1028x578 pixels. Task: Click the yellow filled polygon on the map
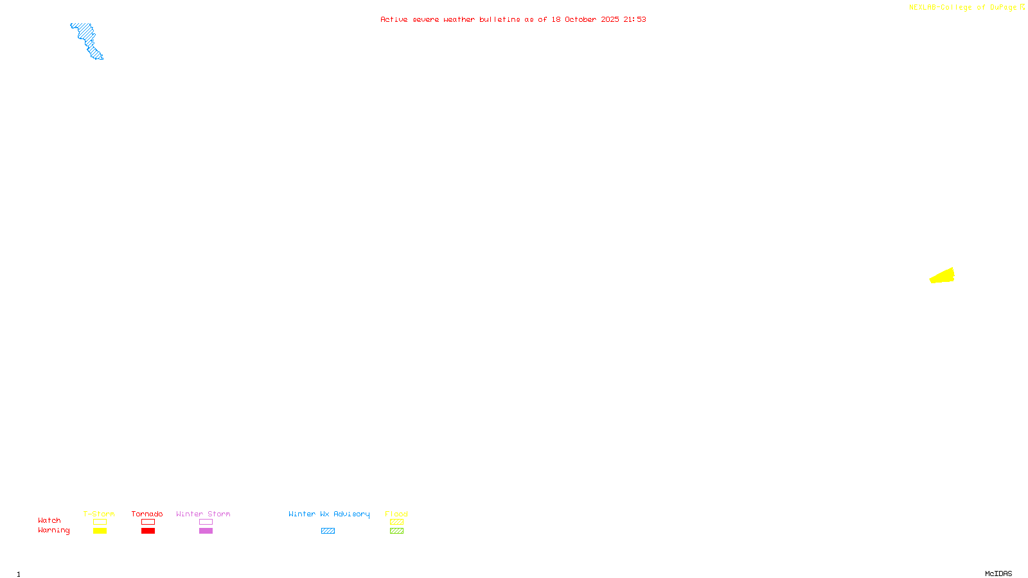tap(943, 277)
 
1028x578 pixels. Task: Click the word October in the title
tap(580, 19)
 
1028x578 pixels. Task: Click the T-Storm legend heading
tap(99, 514)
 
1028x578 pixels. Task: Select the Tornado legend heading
tap(147, 514)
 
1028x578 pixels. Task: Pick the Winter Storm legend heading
tap(203, 514)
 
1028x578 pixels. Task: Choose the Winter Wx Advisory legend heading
tap(329, 514)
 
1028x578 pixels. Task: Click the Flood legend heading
tap(396, 514)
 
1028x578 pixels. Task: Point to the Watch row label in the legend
tap(49, 520)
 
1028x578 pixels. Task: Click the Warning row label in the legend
tap(53, 530)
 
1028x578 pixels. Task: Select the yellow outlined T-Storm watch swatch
tap(100, 522)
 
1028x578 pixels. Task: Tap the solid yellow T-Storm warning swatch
tap(100, 531)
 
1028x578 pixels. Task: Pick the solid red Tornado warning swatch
tap(148, 531)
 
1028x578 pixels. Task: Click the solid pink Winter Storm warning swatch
tap(206, 531)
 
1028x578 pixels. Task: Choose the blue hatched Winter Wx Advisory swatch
tap(328, 531)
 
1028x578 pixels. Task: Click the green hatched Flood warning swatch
tap(396, 531)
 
